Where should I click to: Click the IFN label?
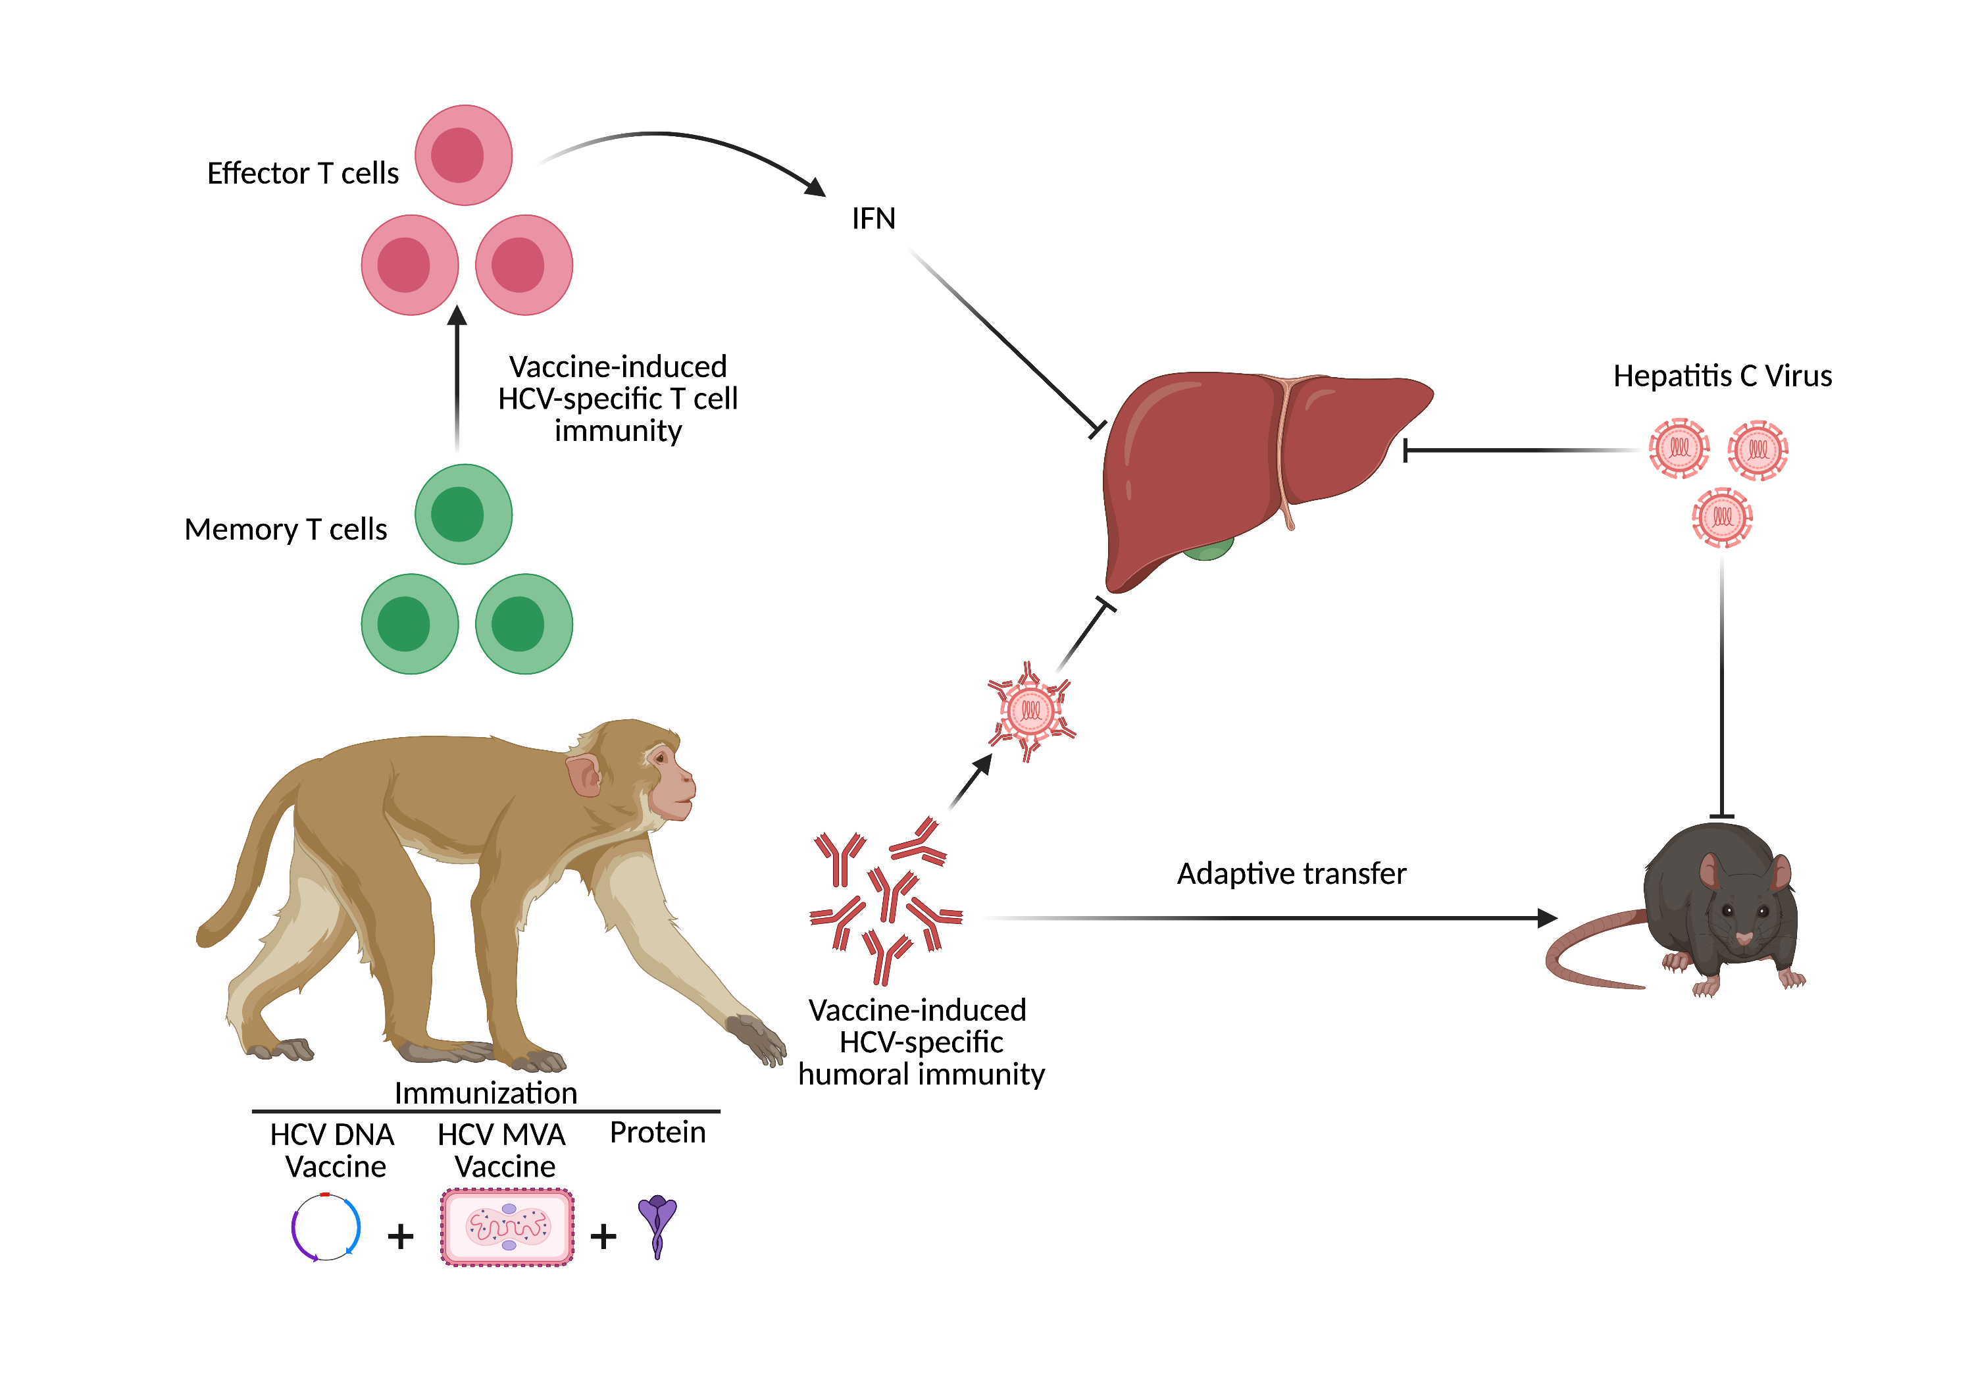[873, 218]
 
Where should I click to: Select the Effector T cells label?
[303, 173]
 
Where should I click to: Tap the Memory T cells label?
[286, 529]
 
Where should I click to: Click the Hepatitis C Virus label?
[1721, 376]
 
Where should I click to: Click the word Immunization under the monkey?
[486, 1092]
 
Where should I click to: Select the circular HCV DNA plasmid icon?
[326, 1227]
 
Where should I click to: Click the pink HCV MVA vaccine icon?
[507, 1227]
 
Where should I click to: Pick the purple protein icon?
[658, 1225]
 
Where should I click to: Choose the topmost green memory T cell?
[463, 514]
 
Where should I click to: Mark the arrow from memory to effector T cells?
[457, 378]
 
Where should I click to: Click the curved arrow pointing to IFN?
[679, 142]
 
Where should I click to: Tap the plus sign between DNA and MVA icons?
[401, 1237]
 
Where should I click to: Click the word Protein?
[658, 1132]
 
